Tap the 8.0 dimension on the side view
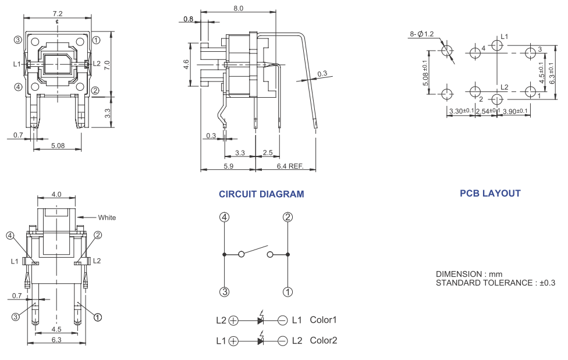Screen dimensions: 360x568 click(x=254, y=8)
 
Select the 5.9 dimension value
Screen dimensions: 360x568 click(x=228, y=165)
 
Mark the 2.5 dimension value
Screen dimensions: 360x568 click(x=268, y=153)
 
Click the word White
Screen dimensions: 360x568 click(x=106, y=218)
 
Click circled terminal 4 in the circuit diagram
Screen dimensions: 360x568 click(x=225, y=218)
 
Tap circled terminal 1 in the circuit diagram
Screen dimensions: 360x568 click(x=288, y=292)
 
